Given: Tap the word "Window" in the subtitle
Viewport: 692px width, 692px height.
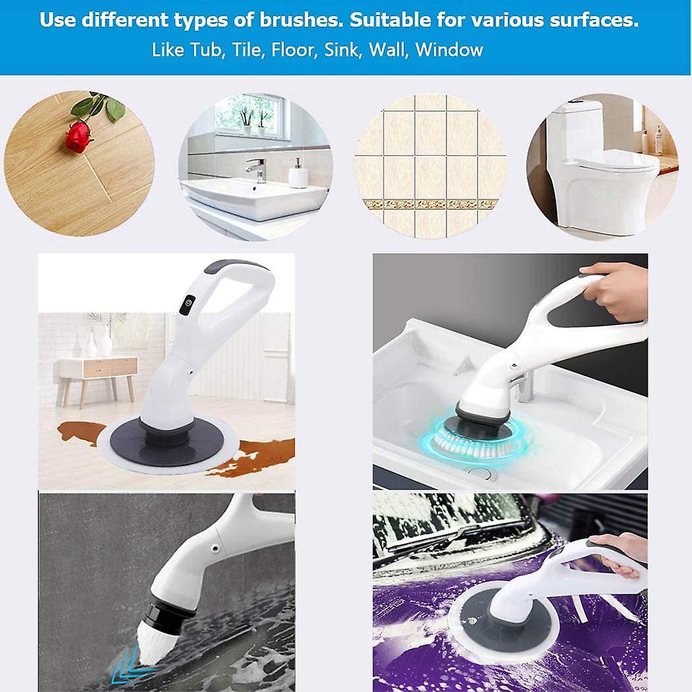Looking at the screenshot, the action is [x=449, y=50].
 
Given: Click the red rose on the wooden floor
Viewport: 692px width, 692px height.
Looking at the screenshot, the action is [x=78, y=137].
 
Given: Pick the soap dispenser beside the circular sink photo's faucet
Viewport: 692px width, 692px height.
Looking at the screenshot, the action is [x=298, y=174].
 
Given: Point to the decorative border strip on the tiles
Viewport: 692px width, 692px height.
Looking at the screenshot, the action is [x=431, y=204].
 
